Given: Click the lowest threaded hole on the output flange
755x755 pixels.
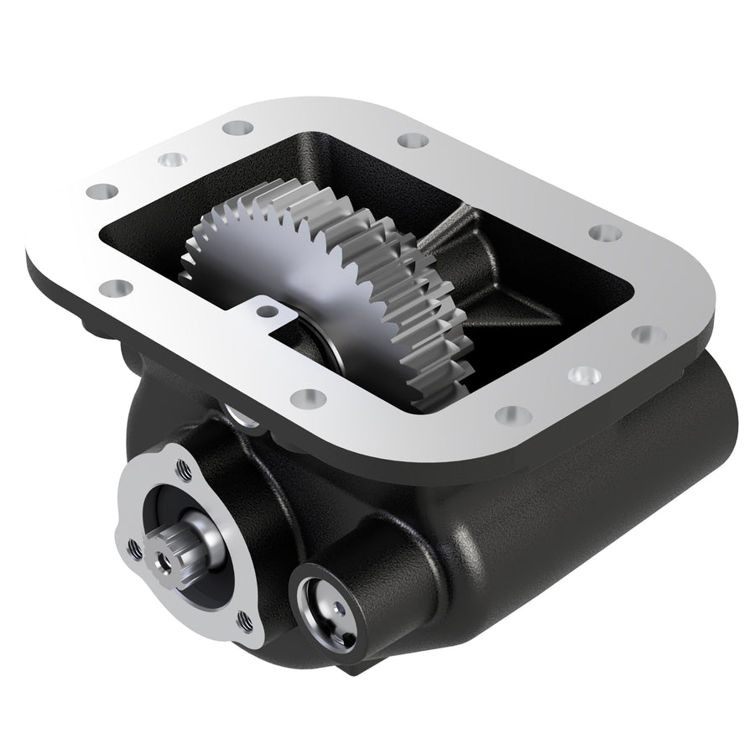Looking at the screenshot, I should click(x=244, y=622).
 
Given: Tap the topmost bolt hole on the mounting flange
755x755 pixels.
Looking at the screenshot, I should click(x=236, y=128).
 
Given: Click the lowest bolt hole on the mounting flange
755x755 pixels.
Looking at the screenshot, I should click(x=513, y=414).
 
